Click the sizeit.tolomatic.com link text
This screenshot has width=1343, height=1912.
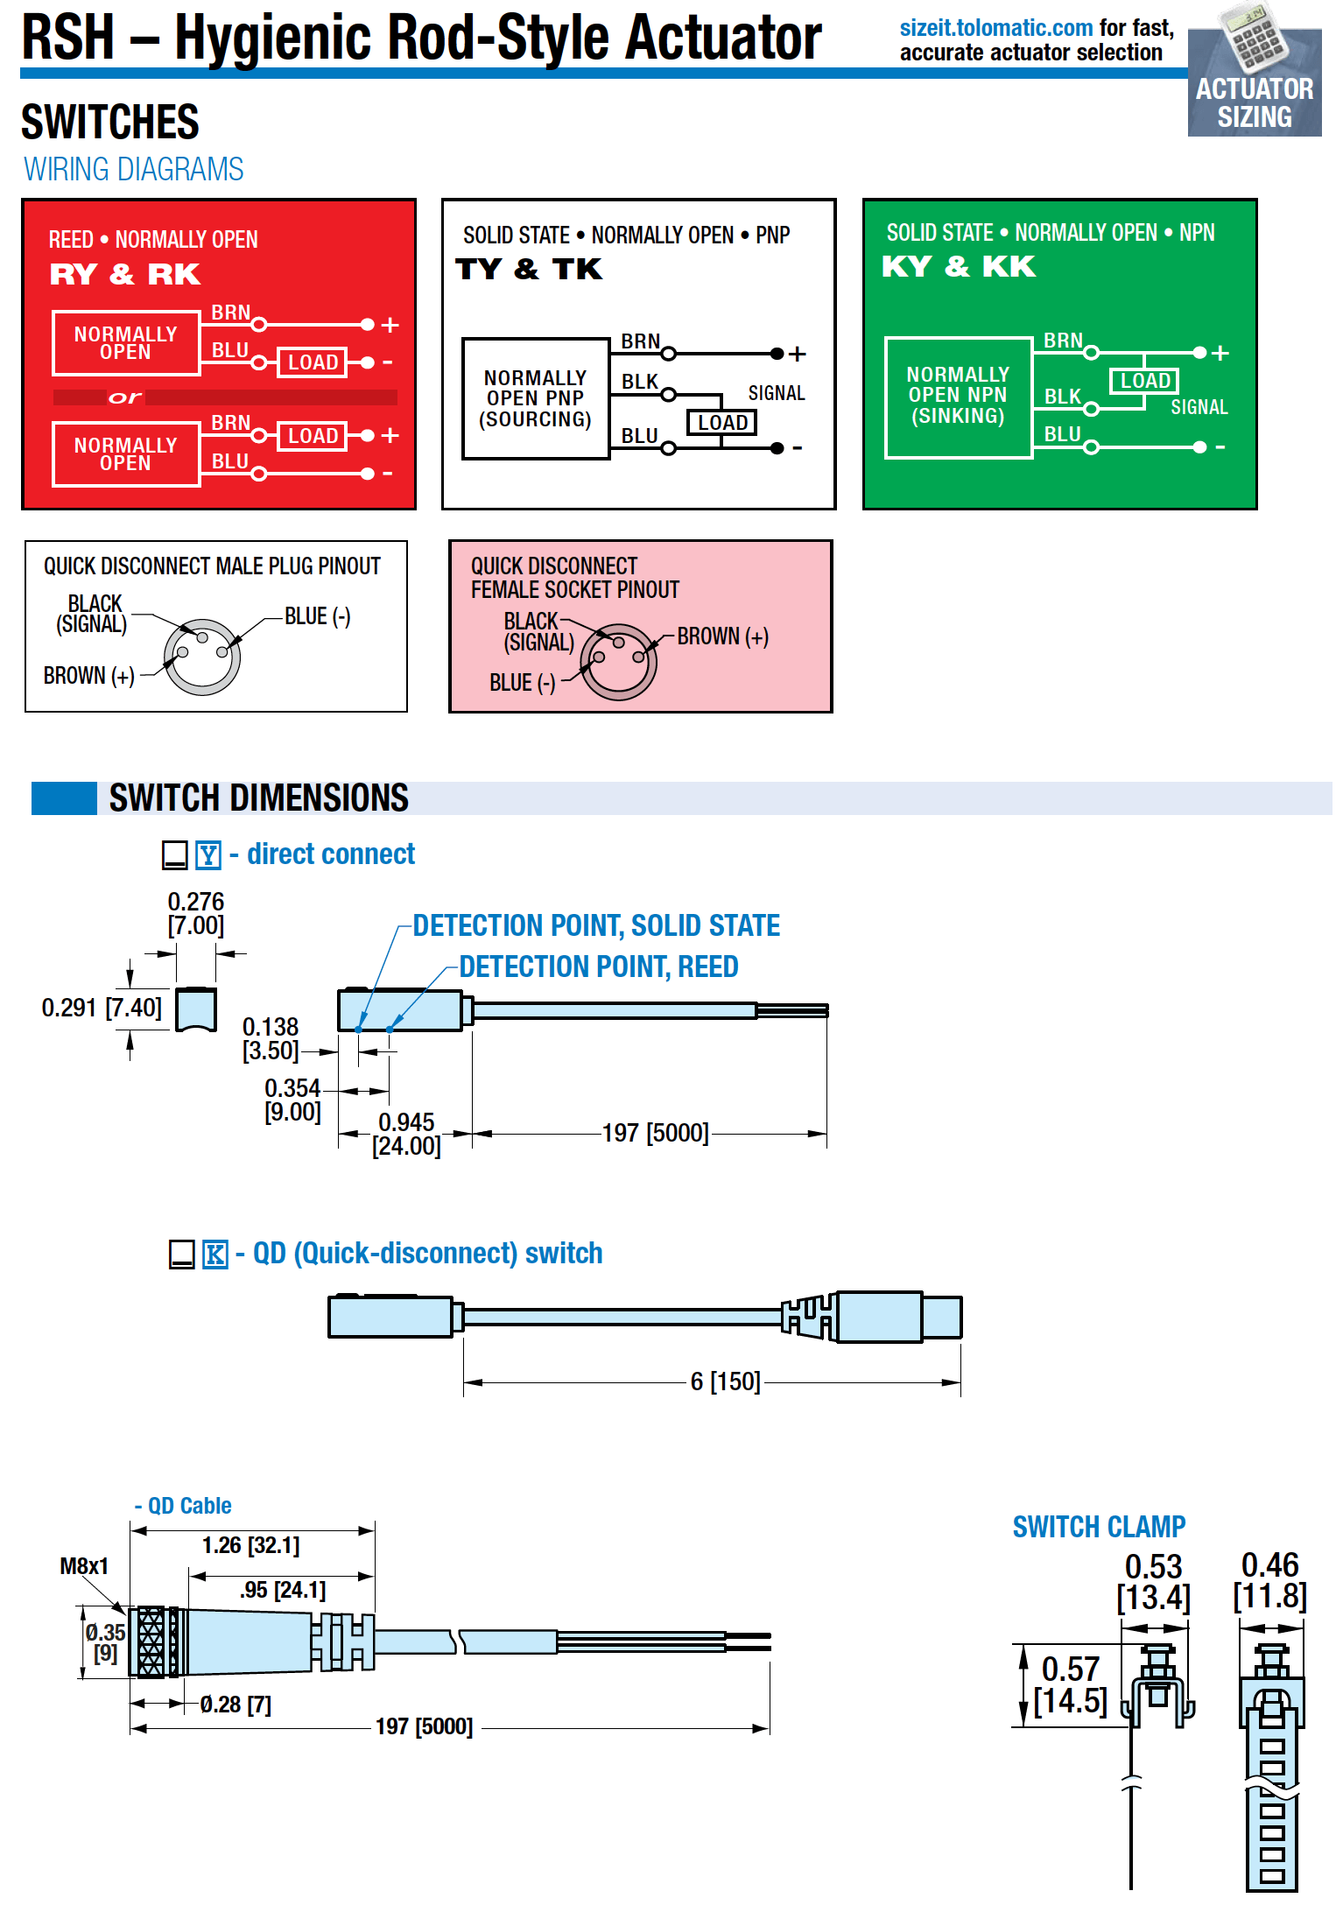(x=996, y=28)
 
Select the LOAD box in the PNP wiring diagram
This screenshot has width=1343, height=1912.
(x=721, y=423)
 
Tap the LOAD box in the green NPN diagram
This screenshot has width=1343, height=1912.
(x=1144, y=381)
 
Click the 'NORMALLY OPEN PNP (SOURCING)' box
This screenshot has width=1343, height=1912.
(x=536, y=398)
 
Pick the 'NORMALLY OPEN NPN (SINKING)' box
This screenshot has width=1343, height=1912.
(x=959, y=397)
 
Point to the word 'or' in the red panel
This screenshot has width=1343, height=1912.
(x=124, y=397)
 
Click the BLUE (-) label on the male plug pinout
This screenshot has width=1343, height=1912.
(x=318, y=616)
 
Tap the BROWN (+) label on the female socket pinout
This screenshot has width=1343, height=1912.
(x=723, y=636)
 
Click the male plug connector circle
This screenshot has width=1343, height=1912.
(x=202, y=657)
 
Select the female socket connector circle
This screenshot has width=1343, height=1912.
(x=619, y=662)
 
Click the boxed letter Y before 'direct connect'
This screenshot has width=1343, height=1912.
(x=208, y=854)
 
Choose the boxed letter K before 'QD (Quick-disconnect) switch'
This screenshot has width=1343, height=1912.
(x=215, y=1254)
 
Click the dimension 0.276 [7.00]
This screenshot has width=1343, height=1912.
(x=196, y=913)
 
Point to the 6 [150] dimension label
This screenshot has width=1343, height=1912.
(x=726, y=1381)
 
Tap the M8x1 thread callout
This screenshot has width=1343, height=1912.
(x=84, y=1566)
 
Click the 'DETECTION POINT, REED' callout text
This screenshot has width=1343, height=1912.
(x=599, y=967)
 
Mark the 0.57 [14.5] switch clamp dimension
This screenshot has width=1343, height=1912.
(x=1071, y=1685)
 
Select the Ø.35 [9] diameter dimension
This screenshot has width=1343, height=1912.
(x=105, y=1643)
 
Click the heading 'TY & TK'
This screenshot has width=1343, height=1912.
(x=529, y=269)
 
